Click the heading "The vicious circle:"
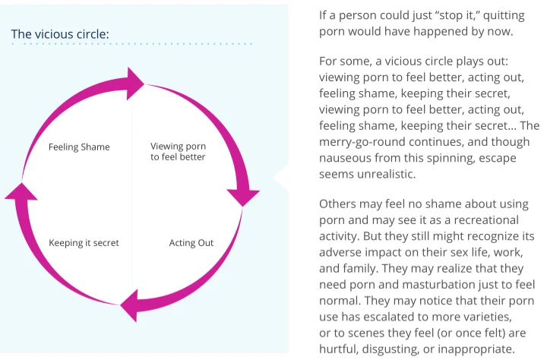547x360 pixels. [60, 34]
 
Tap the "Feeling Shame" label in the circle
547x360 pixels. [79, 147]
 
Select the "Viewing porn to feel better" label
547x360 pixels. [178, 151]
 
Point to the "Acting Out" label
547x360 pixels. [191, 243]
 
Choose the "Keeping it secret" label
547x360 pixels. [84, 243]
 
